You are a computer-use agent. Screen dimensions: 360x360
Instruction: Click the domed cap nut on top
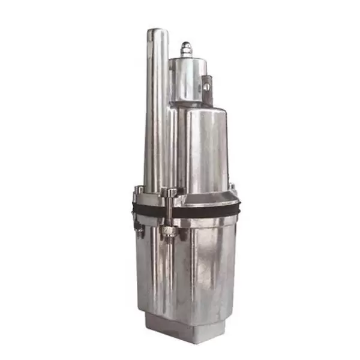187,48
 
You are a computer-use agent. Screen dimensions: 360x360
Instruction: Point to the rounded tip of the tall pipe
157,33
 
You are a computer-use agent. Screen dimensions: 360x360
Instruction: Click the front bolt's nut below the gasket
168,231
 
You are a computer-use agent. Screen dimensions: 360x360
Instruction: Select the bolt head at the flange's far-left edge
138,190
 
